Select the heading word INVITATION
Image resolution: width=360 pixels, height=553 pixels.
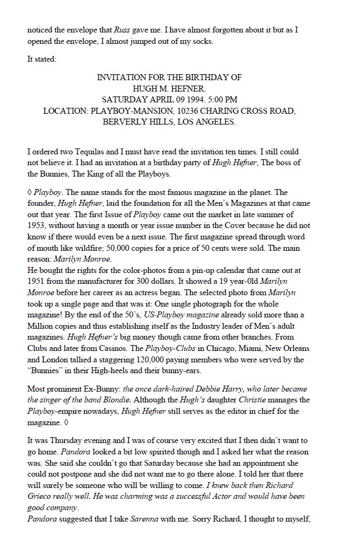[x=119, y=77]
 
